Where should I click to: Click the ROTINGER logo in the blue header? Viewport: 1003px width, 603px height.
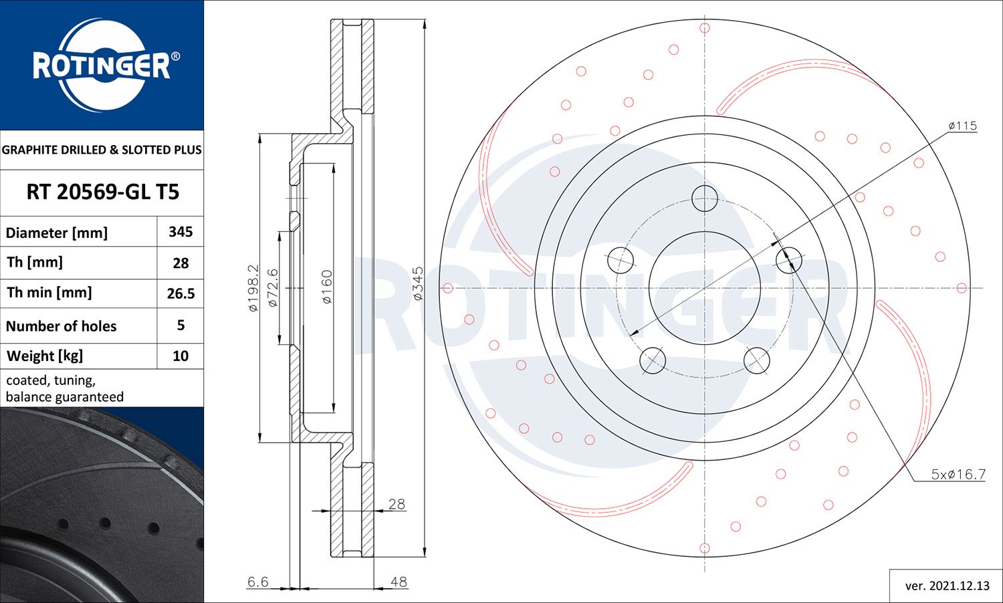tap(102, 66)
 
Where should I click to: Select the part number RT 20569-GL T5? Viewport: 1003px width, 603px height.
tap(102, 193)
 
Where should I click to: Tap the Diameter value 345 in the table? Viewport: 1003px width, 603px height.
tap(181, 232)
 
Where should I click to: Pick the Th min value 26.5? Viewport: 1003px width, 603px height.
tap(181, 293)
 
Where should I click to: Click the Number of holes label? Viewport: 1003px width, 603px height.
tap(61, 326)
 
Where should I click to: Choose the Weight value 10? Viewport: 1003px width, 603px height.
tap(181, 356)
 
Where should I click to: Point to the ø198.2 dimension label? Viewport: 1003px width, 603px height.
tap(253, 287)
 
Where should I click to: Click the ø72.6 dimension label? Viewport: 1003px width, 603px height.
tap(272, 287)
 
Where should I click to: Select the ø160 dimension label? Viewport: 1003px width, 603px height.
tap(327, 287)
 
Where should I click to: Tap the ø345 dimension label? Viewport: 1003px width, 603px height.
tap(418, 283)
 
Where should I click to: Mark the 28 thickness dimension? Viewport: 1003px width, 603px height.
tap(397, 504)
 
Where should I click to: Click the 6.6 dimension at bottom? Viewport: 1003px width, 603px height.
tap(257, 582)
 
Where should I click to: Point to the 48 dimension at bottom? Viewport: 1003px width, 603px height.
tap(399, 582)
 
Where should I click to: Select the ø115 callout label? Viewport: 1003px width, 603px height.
tap(962, 126)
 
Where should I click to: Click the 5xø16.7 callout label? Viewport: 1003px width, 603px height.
tap(958, 475)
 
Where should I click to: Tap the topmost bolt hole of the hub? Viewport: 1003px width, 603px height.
tap(704, 198)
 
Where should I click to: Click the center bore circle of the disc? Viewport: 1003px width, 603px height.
tap(704, 288)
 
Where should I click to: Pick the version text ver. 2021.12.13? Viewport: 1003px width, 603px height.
tap(947, 586)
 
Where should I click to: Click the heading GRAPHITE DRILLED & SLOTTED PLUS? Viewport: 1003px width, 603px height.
tap(102, 150)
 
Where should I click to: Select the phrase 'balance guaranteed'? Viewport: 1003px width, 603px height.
tap(65, 397)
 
